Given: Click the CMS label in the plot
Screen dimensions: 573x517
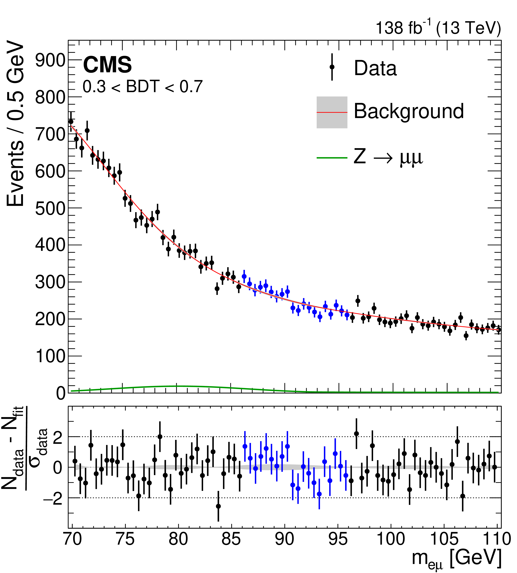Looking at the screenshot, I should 107,65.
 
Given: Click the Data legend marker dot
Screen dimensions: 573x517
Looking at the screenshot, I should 332,67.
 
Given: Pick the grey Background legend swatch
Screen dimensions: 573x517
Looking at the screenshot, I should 332,112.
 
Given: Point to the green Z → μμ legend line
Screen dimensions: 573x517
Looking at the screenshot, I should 332,158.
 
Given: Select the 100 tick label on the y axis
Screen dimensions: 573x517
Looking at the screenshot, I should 50,356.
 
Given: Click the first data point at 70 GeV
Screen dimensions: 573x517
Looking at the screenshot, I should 71,121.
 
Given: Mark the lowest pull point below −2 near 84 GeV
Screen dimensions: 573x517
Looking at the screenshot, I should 218,506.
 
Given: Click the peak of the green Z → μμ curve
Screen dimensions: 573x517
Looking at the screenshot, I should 177,386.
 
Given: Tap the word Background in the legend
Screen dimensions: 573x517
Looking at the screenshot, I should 409,111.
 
